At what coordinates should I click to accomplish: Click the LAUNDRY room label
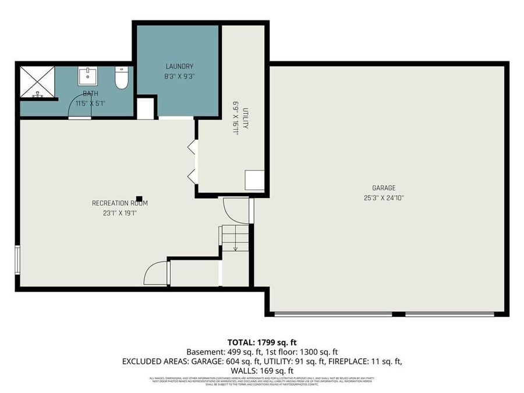coord(179,66)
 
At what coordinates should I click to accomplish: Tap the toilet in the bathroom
coord(121,79)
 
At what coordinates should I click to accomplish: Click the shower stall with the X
coord(37,82)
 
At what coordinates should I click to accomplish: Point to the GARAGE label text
coord(384,188)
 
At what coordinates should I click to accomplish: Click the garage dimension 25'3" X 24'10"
coord(384,197)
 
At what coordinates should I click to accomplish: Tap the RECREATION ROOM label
coord(120,203)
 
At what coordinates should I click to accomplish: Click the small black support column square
coord(139,198)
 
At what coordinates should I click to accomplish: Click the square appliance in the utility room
coord(254,180)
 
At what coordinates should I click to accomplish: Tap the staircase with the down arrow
coord(235,238)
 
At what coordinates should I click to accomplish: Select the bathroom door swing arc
coord(80,107)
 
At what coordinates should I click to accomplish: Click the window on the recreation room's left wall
coord(17,260)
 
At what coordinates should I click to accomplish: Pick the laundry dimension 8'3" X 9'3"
coord(179,76)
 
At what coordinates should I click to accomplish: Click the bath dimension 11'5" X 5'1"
coord(90,102)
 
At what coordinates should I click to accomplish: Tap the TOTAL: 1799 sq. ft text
coord(261,342)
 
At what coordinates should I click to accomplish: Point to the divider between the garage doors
coord(398,314)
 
